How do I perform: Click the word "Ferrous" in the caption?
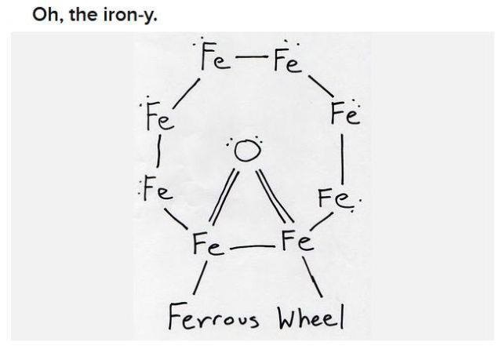pos(213,317)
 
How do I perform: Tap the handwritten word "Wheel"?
pos(311,317)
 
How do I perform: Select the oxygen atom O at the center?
pos(247,151)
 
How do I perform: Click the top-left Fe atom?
pos(215,57)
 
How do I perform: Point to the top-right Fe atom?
pos(288,60)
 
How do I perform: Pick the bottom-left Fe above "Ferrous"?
pos(207,244)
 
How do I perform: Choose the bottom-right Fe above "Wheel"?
pos(297,241)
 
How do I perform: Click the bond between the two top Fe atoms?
pos(252,57)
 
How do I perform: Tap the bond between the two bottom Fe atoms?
pos(253,247)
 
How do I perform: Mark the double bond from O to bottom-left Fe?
pos(224,196)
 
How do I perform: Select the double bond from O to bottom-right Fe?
pos(275,195)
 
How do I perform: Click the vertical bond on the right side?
pos(343,159)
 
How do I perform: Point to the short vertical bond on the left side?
pos(158,151)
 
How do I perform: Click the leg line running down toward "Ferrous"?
pos(200,278)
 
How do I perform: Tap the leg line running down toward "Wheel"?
pos(312,277)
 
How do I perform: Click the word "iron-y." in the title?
pos(130,15)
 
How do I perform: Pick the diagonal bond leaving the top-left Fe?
pos(187,93)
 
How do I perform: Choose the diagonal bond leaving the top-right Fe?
pos(321,85)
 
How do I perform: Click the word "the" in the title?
pos(84,14)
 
